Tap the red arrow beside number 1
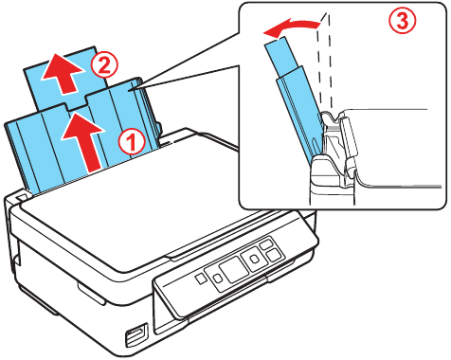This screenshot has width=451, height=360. tap(83, 140)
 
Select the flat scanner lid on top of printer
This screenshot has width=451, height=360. tap(142, 218)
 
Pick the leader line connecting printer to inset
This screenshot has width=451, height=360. tap(189, 66)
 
